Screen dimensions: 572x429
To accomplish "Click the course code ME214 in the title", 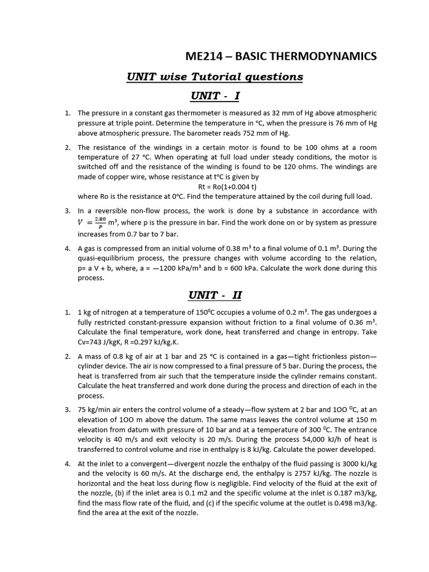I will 202,56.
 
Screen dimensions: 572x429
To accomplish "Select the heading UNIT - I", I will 215,96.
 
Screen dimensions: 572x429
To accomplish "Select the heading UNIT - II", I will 215,295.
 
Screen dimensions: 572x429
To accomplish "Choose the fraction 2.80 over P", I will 100,222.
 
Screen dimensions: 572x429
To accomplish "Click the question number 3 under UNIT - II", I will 67,409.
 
